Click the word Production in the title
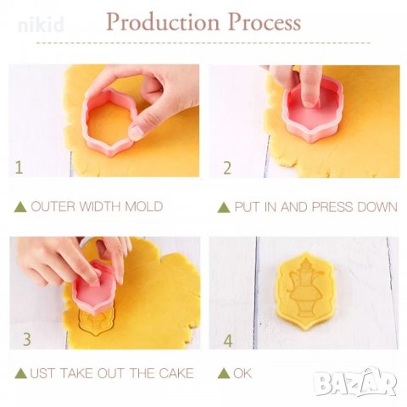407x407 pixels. (x=163, y=23)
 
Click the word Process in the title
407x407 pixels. (x=265, y=22)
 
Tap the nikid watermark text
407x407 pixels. (x=41, y=25)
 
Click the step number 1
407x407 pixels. (x=19, y=167)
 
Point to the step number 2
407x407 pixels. (x=227, y=168)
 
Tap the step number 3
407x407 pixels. (x=27, y=339)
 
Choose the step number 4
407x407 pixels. (x=228, y=341)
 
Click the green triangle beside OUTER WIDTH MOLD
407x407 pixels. (x=20, y=207)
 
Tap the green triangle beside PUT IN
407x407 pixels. (x=224, y=207)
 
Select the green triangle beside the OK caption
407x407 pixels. (x=224, y=373)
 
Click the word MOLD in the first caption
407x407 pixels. (x=144, y=206)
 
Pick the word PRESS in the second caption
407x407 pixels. (x=332, y=207)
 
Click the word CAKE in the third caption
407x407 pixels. (x=176, y=373)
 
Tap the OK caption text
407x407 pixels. (x=243, y=373)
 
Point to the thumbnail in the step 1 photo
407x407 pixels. (x=137, y=131)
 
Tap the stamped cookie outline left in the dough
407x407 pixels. (x=97, y=321)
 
